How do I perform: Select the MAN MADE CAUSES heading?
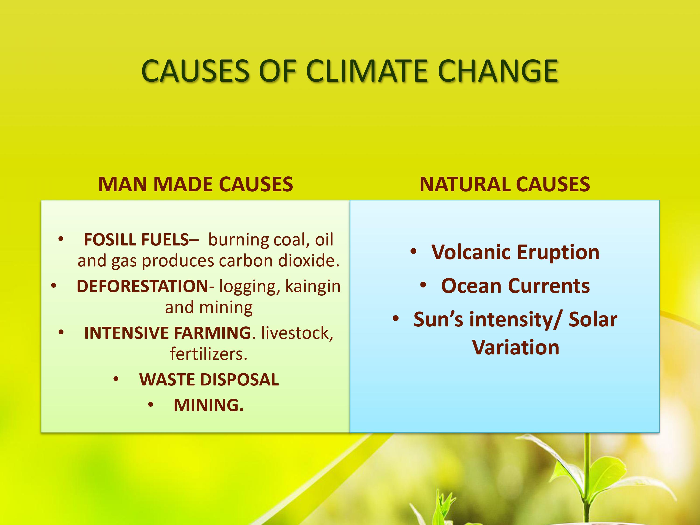[x=196, y=184]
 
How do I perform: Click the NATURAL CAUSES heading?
[x=504, y=184]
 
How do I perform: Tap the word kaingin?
[x=313, y=286]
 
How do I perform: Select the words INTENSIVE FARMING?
[x=168, y=333]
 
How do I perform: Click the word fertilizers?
[x=208, y=354]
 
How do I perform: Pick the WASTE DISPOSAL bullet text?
[x=209, y=379]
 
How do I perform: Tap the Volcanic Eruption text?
[x=515, y=252]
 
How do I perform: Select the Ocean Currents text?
[x=515, y=286]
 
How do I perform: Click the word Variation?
[x=515, y=347]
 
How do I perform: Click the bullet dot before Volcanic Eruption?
[x=413, y=252]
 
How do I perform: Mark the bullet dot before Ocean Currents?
[x=423, y=285]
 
